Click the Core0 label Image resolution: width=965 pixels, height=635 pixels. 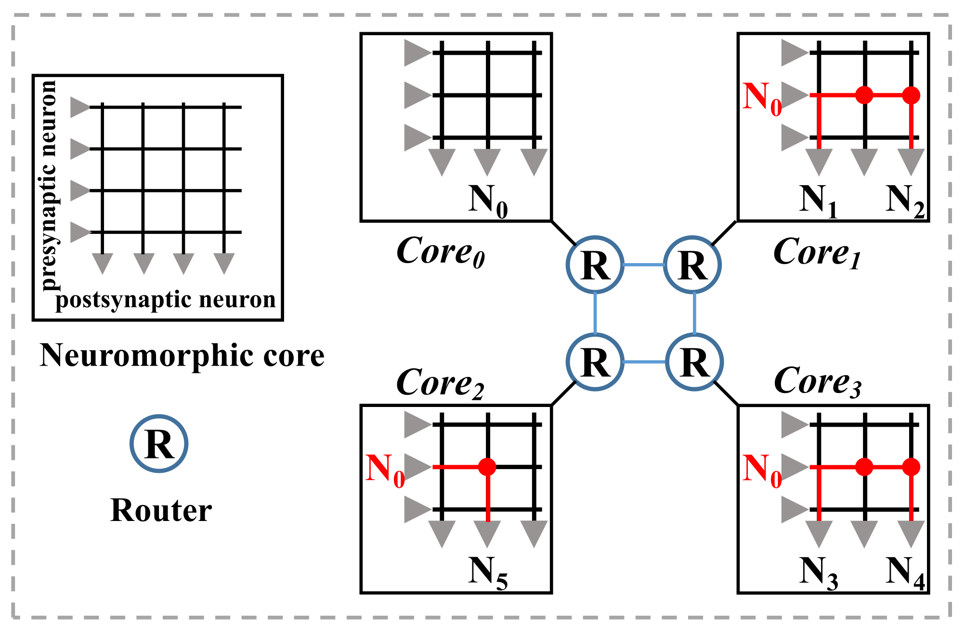440,252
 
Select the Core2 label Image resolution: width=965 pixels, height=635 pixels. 440,383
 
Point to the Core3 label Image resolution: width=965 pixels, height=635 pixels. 818,381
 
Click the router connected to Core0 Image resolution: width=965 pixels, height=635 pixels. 595,265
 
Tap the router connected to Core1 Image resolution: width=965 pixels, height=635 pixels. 692,265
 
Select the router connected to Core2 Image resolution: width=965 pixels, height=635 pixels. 595,362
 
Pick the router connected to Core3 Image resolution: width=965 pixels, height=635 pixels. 694,362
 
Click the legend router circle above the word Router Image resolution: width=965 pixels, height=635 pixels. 159,444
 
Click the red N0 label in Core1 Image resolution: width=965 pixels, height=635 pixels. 762,98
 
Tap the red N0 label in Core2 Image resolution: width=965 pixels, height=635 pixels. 385,470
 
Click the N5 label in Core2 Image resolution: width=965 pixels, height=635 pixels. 488,572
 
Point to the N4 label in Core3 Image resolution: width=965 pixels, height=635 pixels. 905,572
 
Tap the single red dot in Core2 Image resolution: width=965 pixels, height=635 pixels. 487,467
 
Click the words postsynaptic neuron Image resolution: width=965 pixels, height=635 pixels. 166,300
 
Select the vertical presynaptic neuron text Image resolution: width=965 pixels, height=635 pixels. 48,185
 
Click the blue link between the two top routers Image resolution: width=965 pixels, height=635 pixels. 644,265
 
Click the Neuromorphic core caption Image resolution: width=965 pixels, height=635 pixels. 182,356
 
